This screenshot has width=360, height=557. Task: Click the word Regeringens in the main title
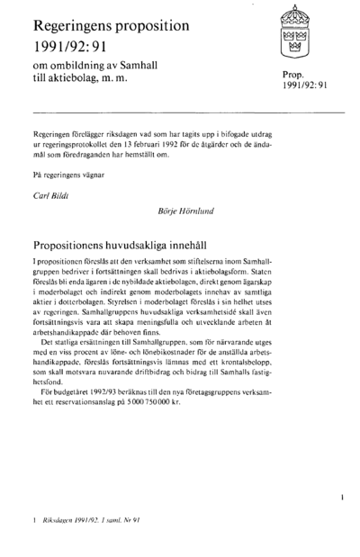pyautogui.click(x=78, y=22)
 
